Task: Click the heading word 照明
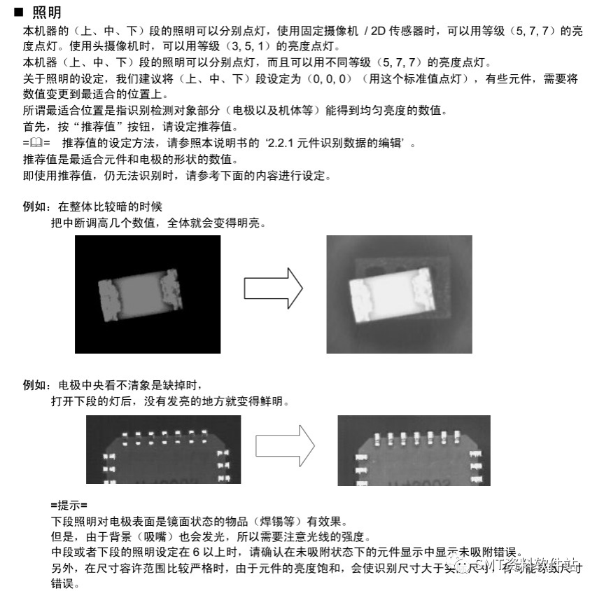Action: click(x=47, y=12)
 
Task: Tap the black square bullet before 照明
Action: click(x=19, y=12)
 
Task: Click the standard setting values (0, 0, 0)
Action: click(x=333, y=78)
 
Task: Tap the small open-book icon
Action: click(x=36, y=144)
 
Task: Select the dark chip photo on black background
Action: click(x=148, y=294)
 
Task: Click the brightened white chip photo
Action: click(x=399, y=294)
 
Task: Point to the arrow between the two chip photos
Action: click(x=273, y=288)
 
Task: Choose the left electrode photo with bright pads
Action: click(x=163, y=450)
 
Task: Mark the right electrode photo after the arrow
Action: click(x=414, y=450)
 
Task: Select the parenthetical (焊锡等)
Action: click(x=262, y=522)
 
